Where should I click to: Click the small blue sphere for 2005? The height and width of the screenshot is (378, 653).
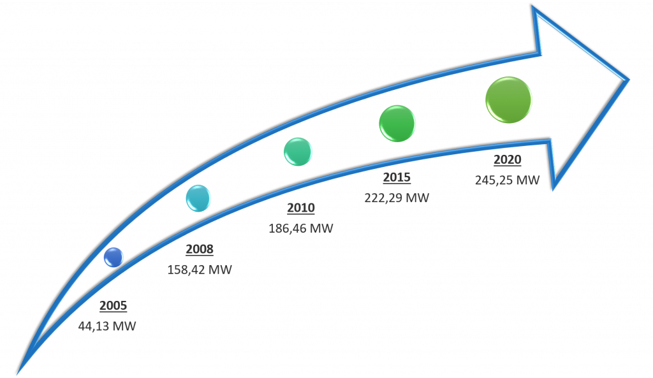114,257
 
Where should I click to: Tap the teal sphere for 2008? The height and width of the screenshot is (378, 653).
198,198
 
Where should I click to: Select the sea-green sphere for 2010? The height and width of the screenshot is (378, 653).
298,152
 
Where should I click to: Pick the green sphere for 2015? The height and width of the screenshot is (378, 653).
397,123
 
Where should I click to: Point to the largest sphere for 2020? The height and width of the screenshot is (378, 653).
508,100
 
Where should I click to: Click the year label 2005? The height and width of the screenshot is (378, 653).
114,305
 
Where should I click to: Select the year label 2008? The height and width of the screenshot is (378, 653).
200,249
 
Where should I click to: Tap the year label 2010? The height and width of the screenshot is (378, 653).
301,208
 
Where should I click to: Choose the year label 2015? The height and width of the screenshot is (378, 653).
397,177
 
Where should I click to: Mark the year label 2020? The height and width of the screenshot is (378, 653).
507,159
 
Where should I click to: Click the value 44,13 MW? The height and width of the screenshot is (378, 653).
107,326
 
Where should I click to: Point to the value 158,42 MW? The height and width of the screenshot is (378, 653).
200,270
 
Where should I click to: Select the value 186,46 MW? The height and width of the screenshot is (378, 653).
301,228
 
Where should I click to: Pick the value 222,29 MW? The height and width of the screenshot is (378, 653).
397,198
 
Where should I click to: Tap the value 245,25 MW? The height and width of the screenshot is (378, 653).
507,180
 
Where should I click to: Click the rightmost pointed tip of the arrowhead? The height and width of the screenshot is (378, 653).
628,79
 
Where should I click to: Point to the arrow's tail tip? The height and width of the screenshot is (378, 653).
18,373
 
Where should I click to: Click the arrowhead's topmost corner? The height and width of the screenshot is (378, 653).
534,6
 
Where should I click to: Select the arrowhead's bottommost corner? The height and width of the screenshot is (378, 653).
554,189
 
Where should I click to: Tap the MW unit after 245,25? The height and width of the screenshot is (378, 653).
527,180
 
